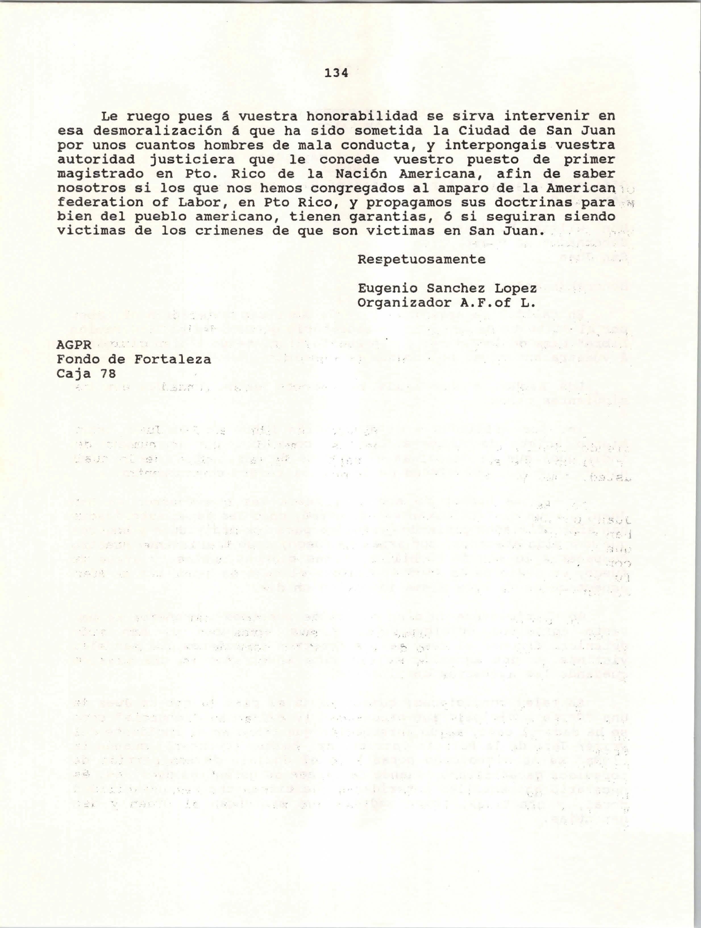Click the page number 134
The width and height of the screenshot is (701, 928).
[336, 73]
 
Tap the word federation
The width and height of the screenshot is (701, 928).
[100, 203]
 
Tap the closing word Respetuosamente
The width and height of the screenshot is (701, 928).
[421, 260]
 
